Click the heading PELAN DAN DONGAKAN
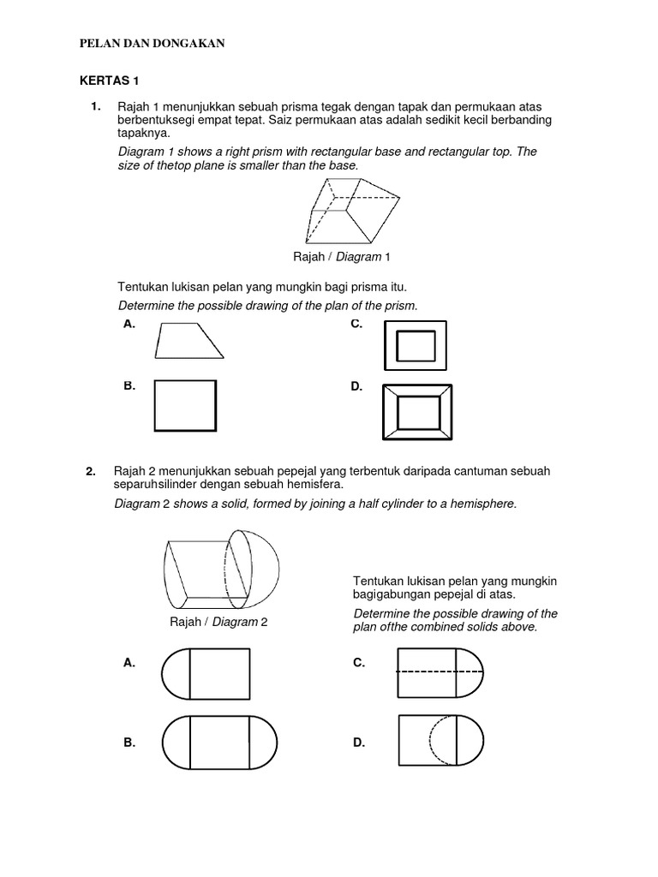(x=152, y=44)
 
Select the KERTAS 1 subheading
(x=109, y=81)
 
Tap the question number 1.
(x=95, y=106)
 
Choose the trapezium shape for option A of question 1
(x=188, y=340)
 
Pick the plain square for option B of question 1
(x=185, y=405)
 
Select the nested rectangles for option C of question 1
(x=416, y=345)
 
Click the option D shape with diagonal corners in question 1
(x=417, y=412)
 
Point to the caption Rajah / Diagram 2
(x=219, y=622)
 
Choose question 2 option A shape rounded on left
(x=206, y=673)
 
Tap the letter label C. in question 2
(x=358, y=663)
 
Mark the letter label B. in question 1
(x=129, y=386)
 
